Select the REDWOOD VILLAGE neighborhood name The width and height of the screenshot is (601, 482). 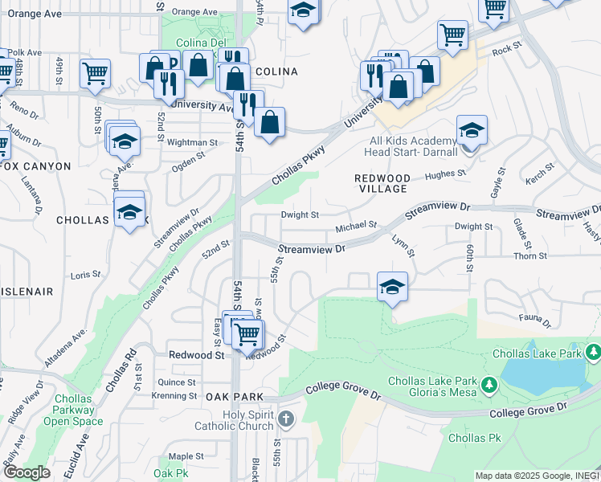point(382,182)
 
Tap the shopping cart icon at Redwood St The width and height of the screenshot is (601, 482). point(248,333)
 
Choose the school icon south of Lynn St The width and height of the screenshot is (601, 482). point(391,287)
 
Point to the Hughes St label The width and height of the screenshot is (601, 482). point(445,173)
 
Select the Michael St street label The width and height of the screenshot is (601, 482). point(357,226)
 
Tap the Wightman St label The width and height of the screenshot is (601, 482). point(192,142)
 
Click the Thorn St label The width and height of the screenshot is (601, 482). point(530,255)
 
